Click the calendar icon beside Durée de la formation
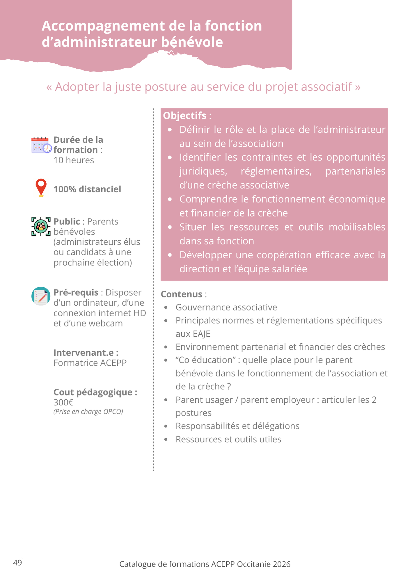click(41, 145)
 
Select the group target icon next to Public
click(41, 226)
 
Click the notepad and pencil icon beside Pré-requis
click(41, 296)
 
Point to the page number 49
click(17, 563)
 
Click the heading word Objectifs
click(184, 116)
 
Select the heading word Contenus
click(181, 294)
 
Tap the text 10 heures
click(74, 160)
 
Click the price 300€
click(63, 402)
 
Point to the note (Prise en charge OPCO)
click(88, 411)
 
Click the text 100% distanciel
click(87, 189)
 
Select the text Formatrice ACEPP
click(90, 363)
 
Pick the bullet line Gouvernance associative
click(226, 307)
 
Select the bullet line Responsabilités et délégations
click(237, 426)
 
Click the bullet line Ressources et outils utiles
click(228, 439)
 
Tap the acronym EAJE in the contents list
click(193, 334)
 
